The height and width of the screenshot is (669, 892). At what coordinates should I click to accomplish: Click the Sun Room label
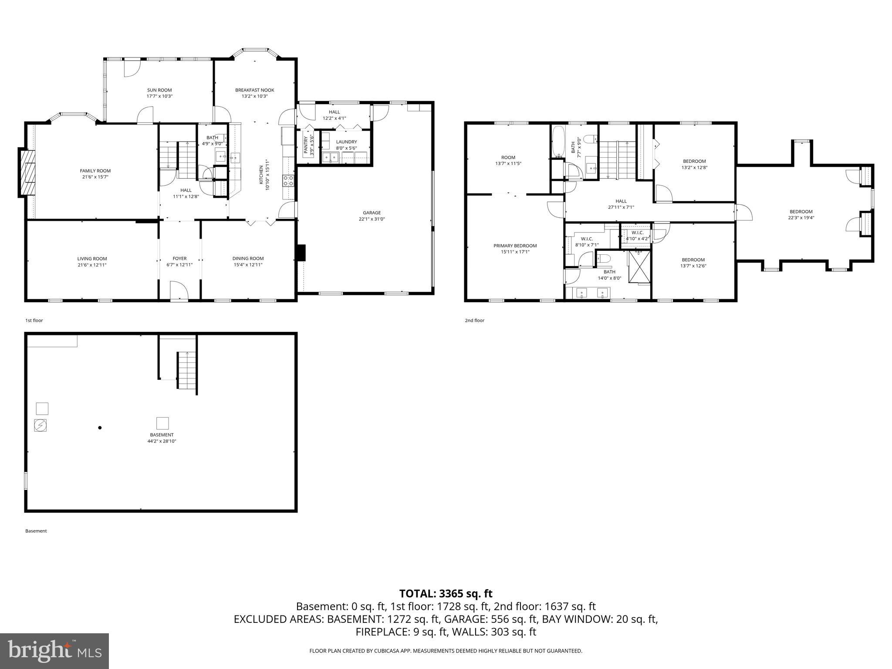[159, 90]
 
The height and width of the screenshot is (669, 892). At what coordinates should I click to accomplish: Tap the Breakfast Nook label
[254, 90]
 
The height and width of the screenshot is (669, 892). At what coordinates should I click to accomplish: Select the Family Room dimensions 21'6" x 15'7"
[95, 177]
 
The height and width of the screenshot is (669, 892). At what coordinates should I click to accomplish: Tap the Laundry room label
[346, 142]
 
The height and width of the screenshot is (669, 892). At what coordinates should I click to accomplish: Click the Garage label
[372, 213]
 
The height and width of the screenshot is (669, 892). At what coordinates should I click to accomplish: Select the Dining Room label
[248, 258]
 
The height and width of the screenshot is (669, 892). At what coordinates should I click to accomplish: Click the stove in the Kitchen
[288, 180]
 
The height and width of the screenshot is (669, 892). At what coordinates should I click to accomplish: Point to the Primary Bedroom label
[515, 246]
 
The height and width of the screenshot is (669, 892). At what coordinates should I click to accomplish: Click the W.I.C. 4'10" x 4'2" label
[637, 233]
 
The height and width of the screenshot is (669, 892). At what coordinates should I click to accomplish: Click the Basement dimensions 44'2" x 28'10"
[162, 441]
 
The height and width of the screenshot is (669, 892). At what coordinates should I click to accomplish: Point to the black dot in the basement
[100, 428]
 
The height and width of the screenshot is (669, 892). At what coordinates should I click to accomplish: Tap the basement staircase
[186, 370]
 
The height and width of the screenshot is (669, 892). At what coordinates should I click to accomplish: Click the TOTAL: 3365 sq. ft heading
[446, 593]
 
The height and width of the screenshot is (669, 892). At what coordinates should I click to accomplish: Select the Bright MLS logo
[54, 651]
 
